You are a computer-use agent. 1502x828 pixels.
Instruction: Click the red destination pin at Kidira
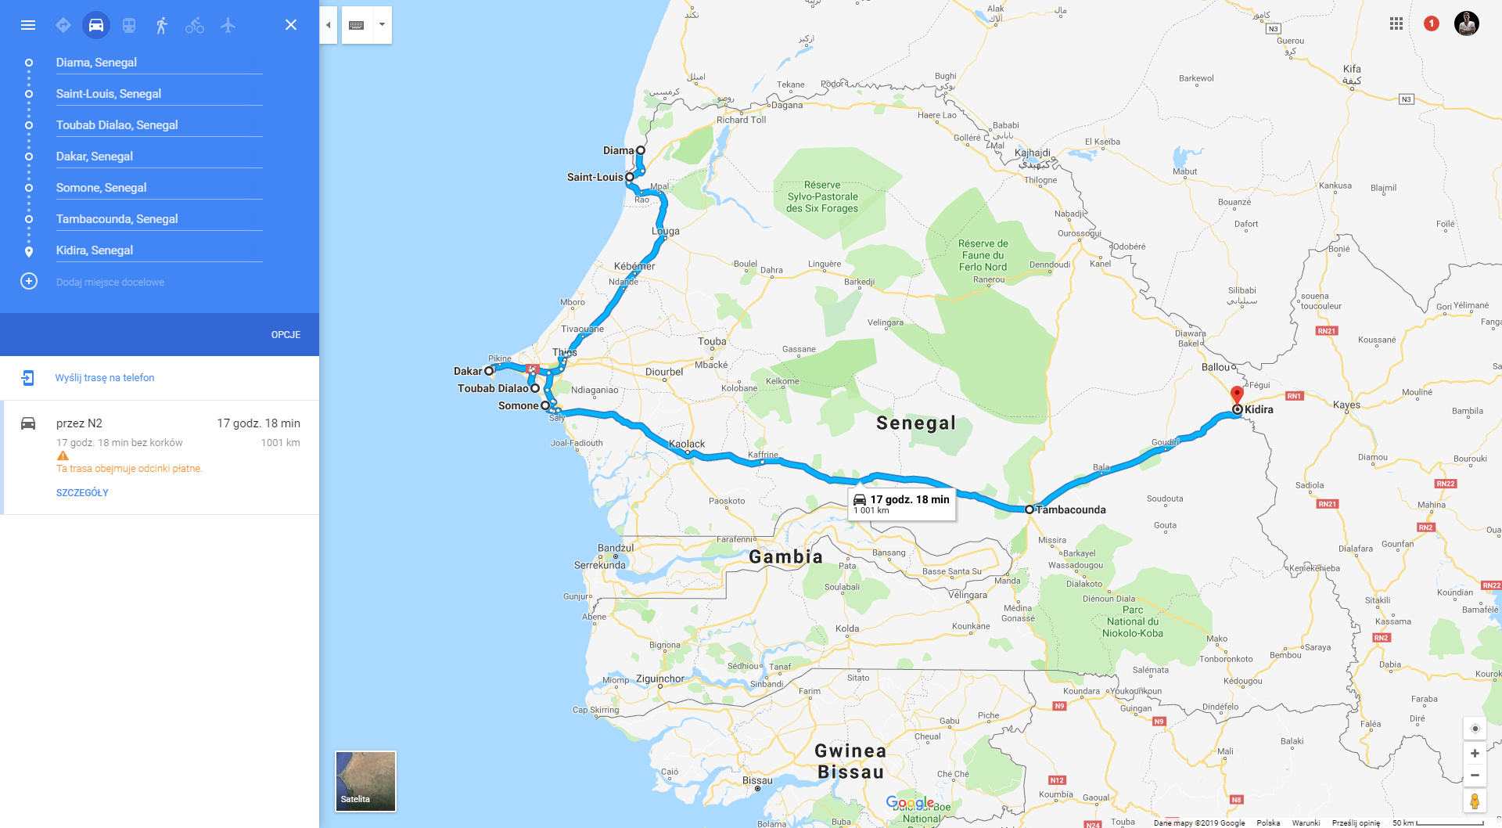1237,394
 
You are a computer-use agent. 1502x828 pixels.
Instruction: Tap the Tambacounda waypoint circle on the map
1029,509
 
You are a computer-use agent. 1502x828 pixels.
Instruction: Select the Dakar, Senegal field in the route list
159,157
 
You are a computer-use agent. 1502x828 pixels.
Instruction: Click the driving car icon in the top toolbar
96,25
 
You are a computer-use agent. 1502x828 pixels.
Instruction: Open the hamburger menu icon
28,25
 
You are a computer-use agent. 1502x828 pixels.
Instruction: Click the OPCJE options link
286,335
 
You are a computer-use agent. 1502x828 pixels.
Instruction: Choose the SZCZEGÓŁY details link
82,493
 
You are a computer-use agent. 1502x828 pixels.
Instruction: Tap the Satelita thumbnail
365,781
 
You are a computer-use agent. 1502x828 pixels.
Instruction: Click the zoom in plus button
1475,754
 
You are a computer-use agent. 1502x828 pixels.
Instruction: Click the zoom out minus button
1475,776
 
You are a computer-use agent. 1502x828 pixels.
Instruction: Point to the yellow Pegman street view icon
1475,801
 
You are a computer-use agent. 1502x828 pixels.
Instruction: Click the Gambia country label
785,556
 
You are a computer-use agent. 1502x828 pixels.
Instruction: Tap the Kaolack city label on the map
687,444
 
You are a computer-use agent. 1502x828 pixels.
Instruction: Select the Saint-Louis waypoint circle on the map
630,177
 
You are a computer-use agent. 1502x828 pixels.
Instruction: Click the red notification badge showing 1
1432,23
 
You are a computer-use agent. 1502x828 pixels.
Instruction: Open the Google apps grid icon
1396,23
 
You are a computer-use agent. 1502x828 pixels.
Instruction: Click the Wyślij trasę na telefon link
105,378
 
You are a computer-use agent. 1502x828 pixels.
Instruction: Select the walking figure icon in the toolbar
162,25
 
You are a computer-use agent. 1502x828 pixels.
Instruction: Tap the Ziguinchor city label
659,679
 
